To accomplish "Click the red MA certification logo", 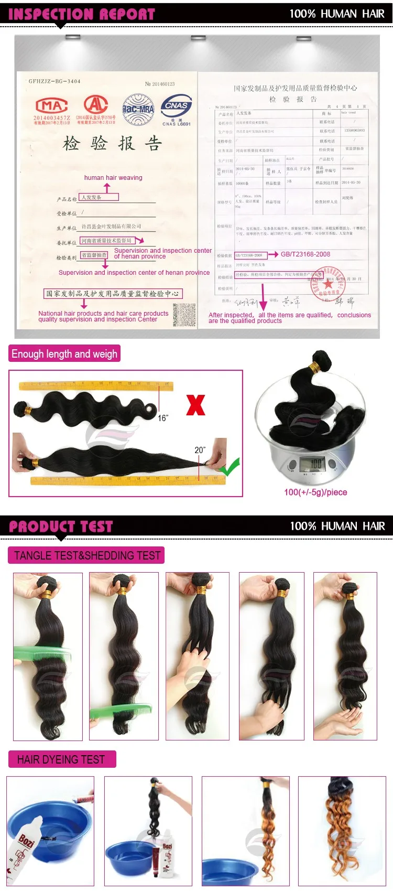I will coord(51,105).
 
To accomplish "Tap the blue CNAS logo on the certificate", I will coord(176,106).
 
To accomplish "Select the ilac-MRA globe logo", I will coord(138,109).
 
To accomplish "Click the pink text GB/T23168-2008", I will coord(305,254).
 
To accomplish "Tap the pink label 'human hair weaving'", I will coord(113,178).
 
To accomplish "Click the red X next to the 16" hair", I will coord(195,405).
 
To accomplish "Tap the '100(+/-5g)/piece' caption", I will coord(315,492).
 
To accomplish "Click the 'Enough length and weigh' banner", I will coord(64,354).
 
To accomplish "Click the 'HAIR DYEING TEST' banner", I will coord(61,759).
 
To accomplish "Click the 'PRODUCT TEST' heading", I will coord(61,527).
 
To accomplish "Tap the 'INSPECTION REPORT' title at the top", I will coord(82,14).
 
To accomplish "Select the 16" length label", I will coord(163,418).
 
